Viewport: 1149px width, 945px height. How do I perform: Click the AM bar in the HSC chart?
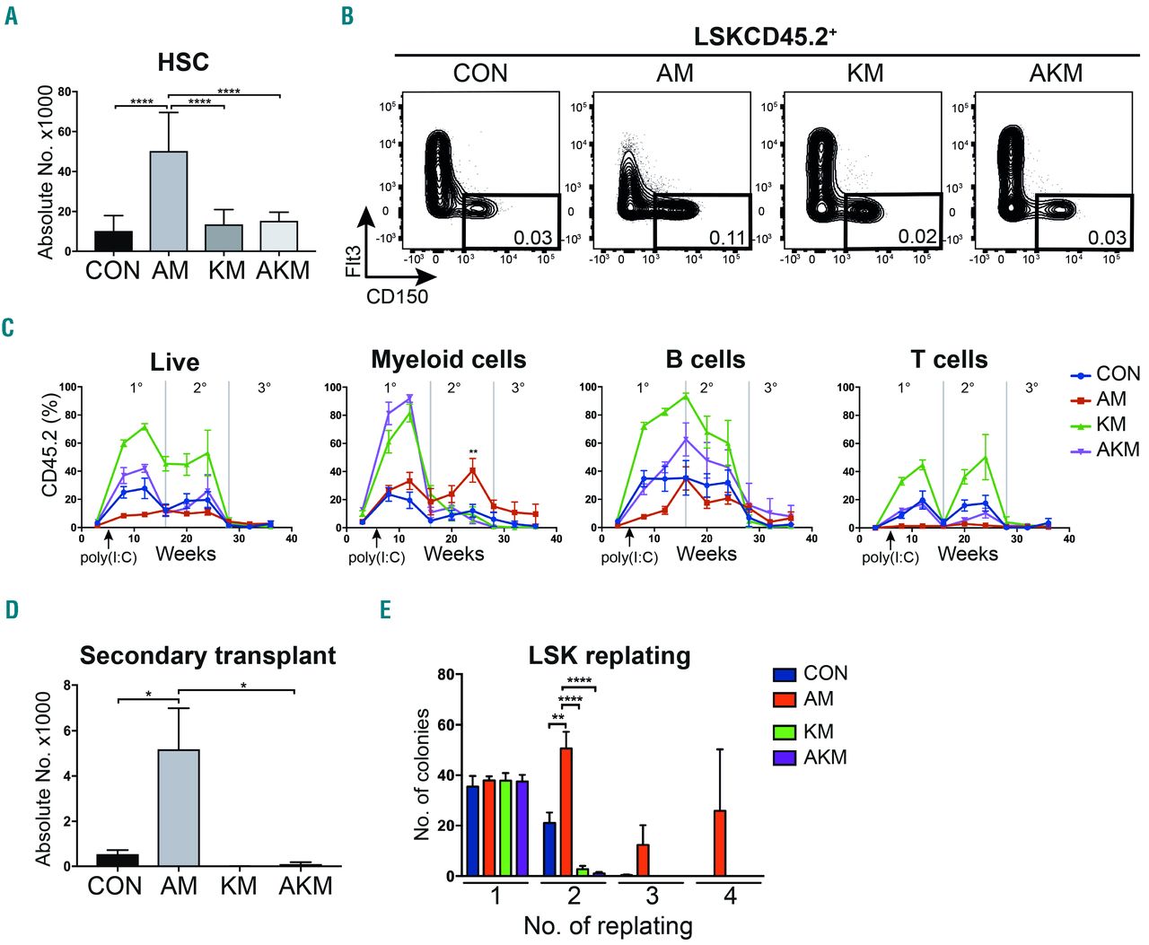[x=169, y=201]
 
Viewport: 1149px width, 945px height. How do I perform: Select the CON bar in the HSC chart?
[x=113, y=241]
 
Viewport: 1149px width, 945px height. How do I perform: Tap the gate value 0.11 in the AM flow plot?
[x=727, y=237]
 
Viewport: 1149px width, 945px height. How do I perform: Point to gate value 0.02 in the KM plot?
[x=917, y=236]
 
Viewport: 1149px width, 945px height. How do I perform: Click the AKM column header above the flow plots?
[x=1056, y=74]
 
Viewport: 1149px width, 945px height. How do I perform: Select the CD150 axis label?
[x=397, y=295]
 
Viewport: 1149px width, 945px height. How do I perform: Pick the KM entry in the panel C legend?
[x=1110, y=424]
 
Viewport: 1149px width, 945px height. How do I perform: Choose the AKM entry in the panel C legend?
[x=1117, y=449]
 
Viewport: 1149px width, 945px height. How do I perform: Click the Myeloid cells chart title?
[x=448, y=360]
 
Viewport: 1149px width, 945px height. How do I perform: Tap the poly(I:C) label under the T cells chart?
[x=890, y=557]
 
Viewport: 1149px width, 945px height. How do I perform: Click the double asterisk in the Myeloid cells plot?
[x=473, y=452]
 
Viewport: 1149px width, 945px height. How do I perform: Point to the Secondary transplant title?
[x=207, y=655]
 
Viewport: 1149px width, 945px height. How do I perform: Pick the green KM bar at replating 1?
[x=505, y=827]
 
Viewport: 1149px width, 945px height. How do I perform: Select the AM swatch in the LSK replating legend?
[x=784, y=699]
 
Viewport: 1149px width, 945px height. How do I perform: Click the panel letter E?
[x=385, y=610]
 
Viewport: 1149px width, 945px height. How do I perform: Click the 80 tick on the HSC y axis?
[x=63, y=92]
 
